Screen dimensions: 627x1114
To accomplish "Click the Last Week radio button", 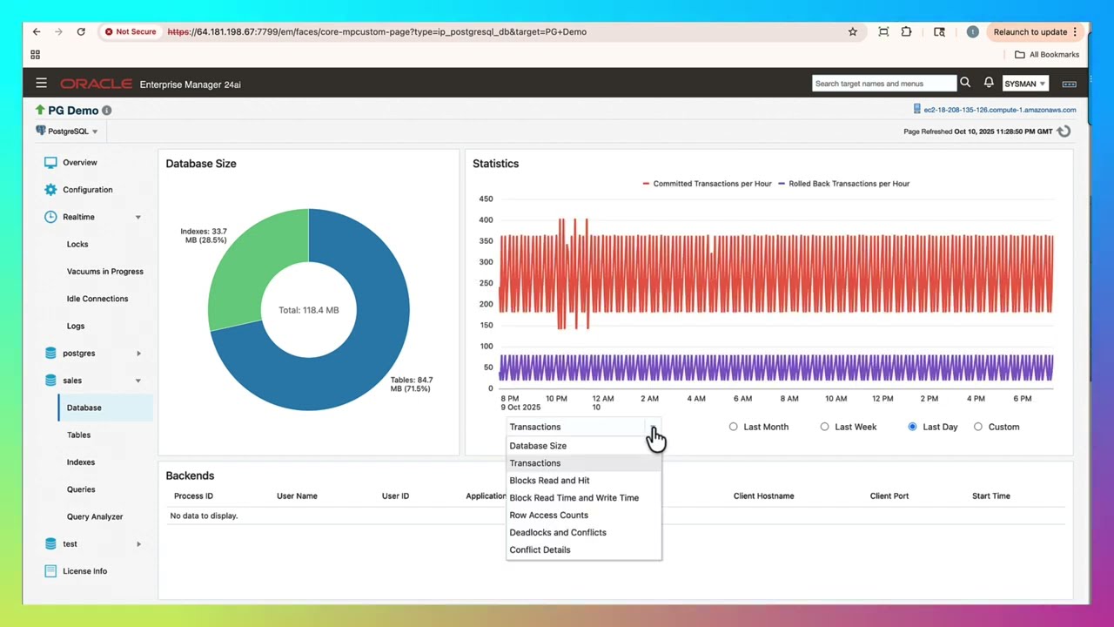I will (825, 427).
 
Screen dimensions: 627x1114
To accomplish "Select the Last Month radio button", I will (734, 427).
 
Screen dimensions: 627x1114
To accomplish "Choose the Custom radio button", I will (978, 427).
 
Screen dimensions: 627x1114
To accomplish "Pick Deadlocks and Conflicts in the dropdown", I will (558, 532).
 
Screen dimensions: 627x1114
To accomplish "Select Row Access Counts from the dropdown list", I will (548, 515).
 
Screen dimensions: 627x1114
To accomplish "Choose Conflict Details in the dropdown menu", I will (540, 549).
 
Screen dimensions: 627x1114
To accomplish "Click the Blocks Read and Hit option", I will (549, 480).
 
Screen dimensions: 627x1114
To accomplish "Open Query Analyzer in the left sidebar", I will (95, 516).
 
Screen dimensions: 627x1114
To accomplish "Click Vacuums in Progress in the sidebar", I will (104, 272).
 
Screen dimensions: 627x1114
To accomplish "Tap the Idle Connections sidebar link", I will (97, 299).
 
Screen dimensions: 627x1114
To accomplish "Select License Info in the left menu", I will (84, 571).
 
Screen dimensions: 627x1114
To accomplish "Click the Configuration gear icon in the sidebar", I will (50, 190).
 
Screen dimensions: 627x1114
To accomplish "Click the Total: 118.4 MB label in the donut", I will (308, 310).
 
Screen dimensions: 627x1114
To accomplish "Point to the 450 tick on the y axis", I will (486, 199).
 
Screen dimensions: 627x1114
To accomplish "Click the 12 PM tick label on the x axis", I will (882, 399).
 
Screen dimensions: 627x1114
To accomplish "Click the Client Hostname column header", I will (763, 496).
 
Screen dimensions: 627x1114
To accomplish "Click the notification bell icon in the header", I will (989, 83).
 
